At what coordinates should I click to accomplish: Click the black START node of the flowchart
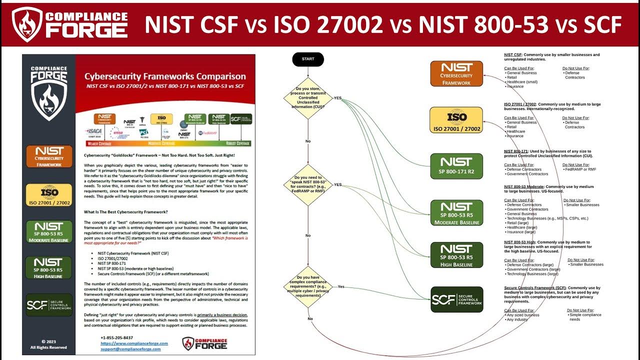[x=308, y=59]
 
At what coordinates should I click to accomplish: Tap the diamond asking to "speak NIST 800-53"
[x=308, y=184]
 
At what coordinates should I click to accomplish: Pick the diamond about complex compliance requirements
[x=308, y=286]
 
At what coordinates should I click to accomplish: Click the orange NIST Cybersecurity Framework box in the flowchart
[x=456, y=73]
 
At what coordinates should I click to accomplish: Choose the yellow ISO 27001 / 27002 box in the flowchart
[x=456, y=120]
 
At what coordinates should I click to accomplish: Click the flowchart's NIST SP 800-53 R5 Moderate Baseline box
[x=456, y=212]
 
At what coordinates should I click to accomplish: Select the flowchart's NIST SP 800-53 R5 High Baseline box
[x=456, y=255]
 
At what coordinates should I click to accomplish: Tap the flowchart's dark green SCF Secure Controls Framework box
[x=456, y=299]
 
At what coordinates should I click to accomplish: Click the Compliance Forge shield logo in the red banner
[x=26, y=24]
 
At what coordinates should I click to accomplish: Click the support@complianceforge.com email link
[x=130, y=349]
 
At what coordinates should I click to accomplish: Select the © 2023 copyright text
[x=48, y=342]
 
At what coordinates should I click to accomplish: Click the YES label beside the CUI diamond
[x=337, y=98]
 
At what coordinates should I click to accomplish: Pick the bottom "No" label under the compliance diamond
[x=310, y=318]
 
